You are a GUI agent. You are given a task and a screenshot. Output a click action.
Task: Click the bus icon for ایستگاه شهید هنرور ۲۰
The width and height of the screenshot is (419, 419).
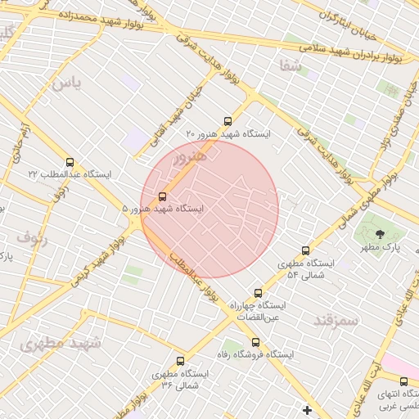tap(228, 121)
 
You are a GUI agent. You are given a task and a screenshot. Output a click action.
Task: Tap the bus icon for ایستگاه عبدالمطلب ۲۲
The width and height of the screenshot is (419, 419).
tap(70, 163)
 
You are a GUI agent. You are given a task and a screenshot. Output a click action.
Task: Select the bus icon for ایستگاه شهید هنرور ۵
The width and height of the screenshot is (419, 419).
tap(162, 196)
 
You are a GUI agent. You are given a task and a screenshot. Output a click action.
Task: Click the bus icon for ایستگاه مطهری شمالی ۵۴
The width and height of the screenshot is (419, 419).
tap(305, 251)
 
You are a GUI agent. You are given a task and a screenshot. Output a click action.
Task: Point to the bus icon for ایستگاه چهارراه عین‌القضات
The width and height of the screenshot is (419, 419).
tap(259, 293)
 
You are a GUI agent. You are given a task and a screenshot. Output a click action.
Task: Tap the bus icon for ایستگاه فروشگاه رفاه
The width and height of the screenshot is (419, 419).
tap(256, 343)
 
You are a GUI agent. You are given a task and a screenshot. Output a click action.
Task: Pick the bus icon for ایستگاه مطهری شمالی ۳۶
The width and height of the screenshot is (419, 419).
tap(180, 361)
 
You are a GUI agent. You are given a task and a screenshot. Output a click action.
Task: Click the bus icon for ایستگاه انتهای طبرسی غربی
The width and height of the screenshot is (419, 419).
tap(403, 381)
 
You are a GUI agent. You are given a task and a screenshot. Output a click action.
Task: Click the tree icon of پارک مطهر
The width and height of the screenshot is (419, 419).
tap(379, 234)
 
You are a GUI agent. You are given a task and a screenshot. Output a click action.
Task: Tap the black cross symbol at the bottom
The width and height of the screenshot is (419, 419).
tap(307, 409)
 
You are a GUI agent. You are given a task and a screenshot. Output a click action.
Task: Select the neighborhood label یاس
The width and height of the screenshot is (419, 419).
tap(66, 83)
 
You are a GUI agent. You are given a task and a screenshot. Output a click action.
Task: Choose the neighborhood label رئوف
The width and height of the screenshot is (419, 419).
tap(32, 239)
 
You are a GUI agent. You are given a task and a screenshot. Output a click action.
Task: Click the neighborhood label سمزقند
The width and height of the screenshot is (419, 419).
tap(336, 320)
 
